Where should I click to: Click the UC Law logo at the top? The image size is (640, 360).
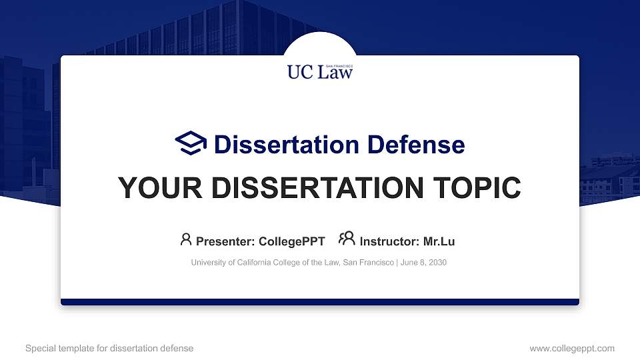pos(320,71)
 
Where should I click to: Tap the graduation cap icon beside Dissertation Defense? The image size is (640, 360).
pos(191,143)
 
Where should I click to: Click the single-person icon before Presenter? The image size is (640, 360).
pos(186,239)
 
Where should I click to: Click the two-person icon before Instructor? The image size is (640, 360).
pos(347,239)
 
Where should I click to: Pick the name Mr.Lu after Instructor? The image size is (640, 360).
pos(439,241)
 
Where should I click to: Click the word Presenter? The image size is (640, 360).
pos(223,241)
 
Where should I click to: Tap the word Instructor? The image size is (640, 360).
pos(389,241)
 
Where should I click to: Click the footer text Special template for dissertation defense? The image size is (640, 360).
pos(109,348)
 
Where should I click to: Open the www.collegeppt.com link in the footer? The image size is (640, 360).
pos(572,348)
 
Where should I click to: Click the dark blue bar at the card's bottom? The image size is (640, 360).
pos(320,302)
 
